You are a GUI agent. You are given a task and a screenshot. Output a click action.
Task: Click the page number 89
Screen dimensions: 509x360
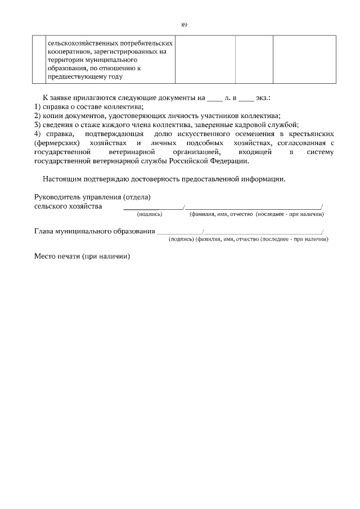(x=184, y=25)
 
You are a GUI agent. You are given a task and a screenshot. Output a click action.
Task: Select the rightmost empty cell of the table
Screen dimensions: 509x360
(x=304, y=60)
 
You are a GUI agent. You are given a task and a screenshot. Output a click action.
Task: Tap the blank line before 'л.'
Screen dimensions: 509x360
(x=215, y=98)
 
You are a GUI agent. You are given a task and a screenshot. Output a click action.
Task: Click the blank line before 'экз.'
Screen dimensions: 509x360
(x=246, y=98)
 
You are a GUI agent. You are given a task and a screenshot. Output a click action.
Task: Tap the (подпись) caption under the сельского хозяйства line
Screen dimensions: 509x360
(x=150, y=214)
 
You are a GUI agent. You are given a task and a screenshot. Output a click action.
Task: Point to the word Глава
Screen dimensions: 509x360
(x=44, y=231)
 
